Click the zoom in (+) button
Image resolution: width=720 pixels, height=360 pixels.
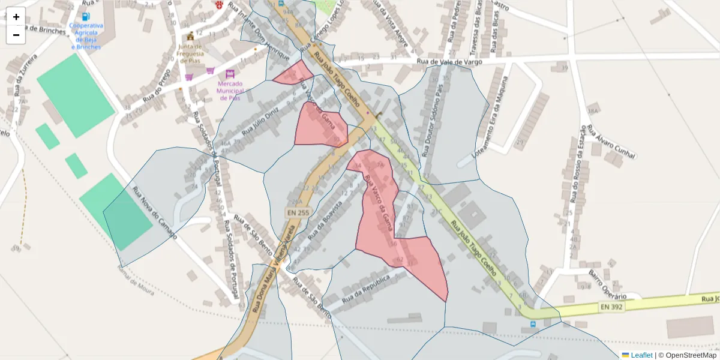(x=16, y=17)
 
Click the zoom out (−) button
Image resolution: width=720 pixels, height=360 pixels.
(x=16, y=35)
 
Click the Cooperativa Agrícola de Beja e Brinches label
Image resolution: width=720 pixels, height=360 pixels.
(x=86, y=36)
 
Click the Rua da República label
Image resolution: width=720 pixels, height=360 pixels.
(x=366, y=288)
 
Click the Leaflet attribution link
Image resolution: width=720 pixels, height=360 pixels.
(x=641, y=355)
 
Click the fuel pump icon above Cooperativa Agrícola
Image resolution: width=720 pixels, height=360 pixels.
(x=86, y=16)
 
